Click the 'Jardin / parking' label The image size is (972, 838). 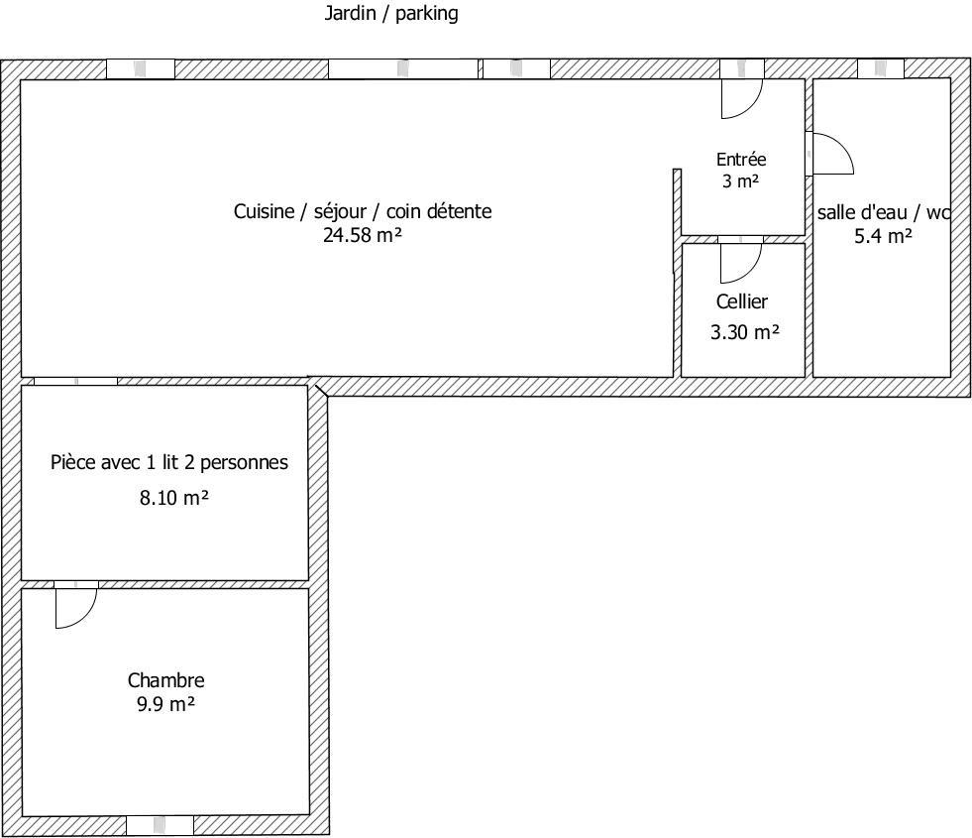point(391,13)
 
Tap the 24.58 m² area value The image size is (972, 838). point(363,235)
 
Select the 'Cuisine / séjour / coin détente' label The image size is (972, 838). point(363,211)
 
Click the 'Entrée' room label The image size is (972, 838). point(741,160)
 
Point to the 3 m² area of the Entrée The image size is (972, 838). point(741,181)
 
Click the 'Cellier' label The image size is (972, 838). point(742,301)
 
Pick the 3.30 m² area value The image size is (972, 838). point(744,332)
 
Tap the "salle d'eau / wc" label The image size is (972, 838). point(884,213)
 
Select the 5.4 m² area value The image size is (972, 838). point(883,236)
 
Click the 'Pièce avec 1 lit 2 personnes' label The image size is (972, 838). point(169,463)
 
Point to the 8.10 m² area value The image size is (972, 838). point(173,498)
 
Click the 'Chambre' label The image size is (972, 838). point(166,680)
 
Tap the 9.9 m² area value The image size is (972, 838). point(166,705)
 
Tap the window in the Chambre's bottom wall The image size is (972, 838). point(160,825)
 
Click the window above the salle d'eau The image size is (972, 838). point(880,68)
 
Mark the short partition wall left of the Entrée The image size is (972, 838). point(677,220)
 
